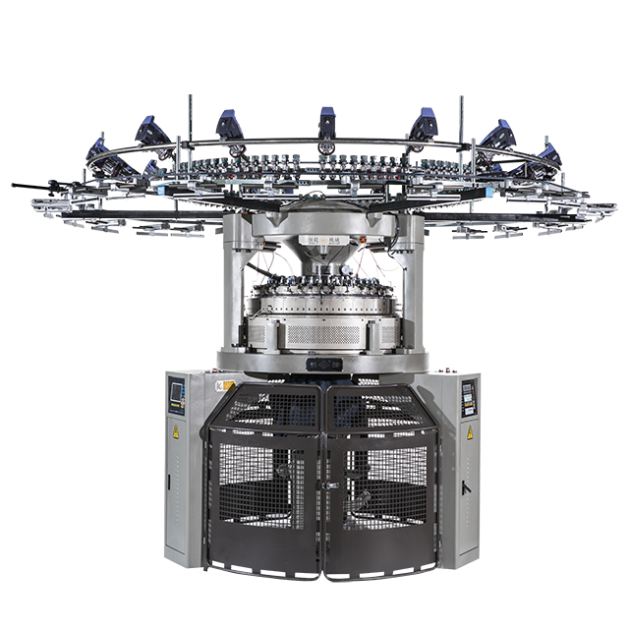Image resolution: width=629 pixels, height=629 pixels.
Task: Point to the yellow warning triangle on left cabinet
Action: click(177, 432)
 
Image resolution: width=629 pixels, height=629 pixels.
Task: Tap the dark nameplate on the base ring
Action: click(323, 365)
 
